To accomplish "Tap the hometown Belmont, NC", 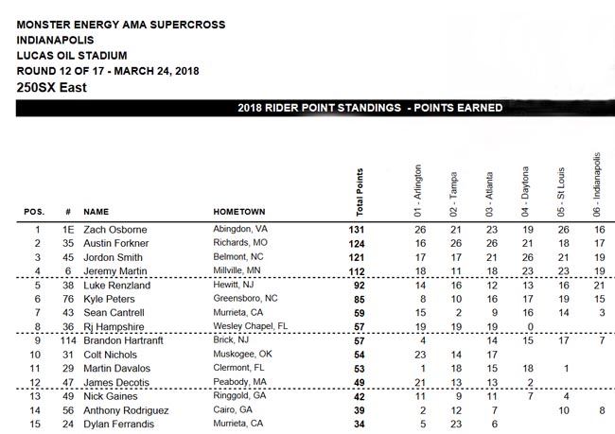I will [239, 257].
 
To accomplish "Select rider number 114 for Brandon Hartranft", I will [67, 339].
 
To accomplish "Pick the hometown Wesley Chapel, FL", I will [250, 326].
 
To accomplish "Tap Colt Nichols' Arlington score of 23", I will [421, 355].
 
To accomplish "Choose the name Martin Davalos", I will [119, 368].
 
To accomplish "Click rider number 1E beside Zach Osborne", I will [67, 229].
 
